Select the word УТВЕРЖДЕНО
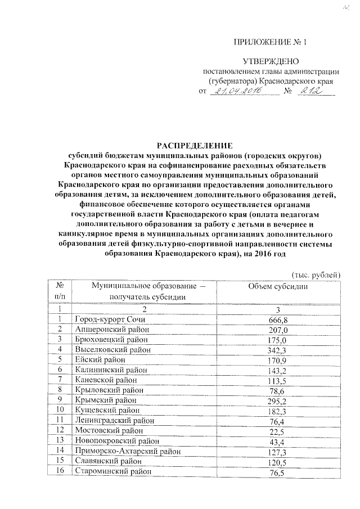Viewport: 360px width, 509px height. pyautogui.click(x=271, y=61)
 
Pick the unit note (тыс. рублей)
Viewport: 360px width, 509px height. pyautogui.click(x=316, y=274)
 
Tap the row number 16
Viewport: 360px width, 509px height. pyautogui.click(x=60, y=471)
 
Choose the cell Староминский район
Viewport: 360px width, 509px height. pyautogui.click(x=112, y=471)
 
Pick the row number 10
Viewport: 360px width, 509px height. pyautogui.click(x=60, y=411)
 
